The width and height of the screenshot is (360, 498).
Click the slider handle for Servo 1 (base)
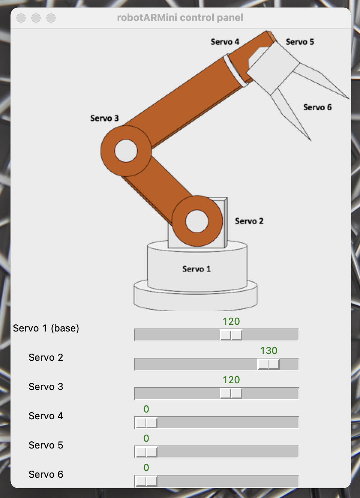pyautogui.click(x=231, y=335)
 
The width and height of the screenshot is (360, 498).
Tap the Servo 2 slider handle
pyautogui.click(x=268, y=364)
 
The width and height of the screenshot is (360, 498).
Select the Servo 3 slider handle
pyautogui.click(x=231, y=393)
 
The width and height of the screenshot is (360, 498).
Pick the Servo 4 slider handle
pyautogui.click(x=146, y=423)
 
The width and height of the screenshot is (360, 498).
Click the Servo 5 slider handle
pyautogui.click(x=146, y=452)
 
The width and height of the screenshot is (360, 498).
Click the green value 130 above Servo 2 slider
pyautogui.click(x=269, y=351)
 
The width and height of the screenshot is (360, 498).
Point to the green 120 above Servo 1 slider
pyautogui.click(x=231, y=321)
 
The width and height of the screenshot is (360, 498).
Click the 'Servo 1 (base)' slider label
pyautogui.click(x=46, y=328)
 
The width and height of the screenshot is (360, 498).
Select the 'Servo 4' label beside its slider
pyautogui.click(x=46, y=416)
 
